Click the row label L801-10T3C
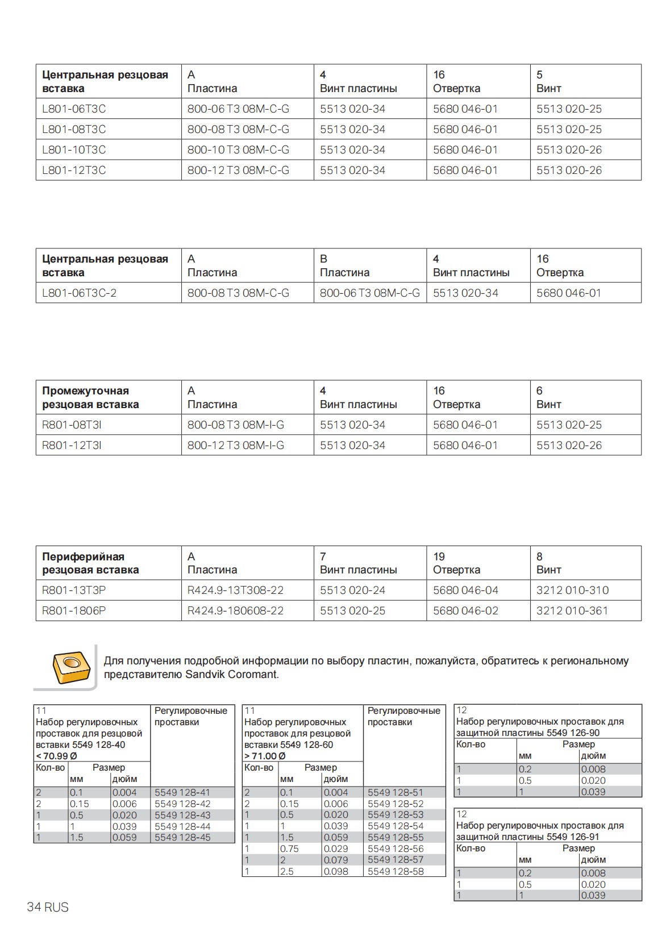click(x=74, y=150)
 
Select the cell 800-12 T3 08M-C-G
click(x=238, y=170)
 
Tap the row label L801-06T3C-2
click(x=79, y=293)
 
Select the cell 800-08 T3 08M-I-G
click(x=235, y=425)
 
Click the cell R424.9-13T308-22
click(x=235, y=590)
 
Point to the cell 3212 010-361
click(x=572, y=611)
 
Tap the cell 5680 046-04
click(x=465, y=590)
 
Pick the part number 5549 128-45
click(x=182, y=838)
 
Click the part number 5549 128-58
click(x=395, y=871)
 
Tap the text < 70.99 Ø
click(x=56, y=756)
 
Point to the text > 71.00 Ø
click(x=265, y=756)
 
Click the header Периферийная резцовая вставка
click(x=90, y=563)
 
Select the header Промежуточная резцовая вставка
click(x=90, y=398)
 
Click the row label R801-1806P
click(x=74, y=611)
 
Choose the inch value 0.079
click(x=336, y=860)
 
